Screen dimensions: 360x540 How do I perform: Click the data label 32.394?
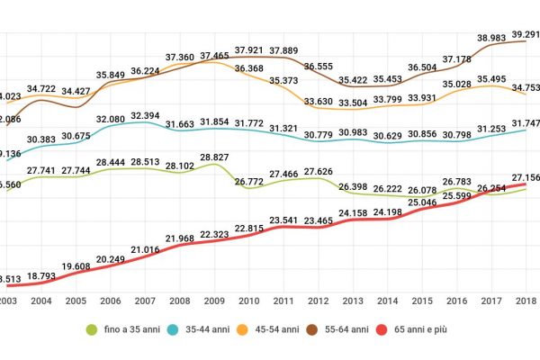click(x=146, y=115)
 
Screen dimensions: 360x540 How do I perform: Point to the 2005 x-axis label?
click(x=76, y=301)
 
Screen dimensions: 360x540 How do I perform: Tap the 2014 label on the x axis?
click(x=388, y=301)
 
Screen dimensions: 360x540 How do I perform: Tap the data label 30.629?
click(x=388, y=135)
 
